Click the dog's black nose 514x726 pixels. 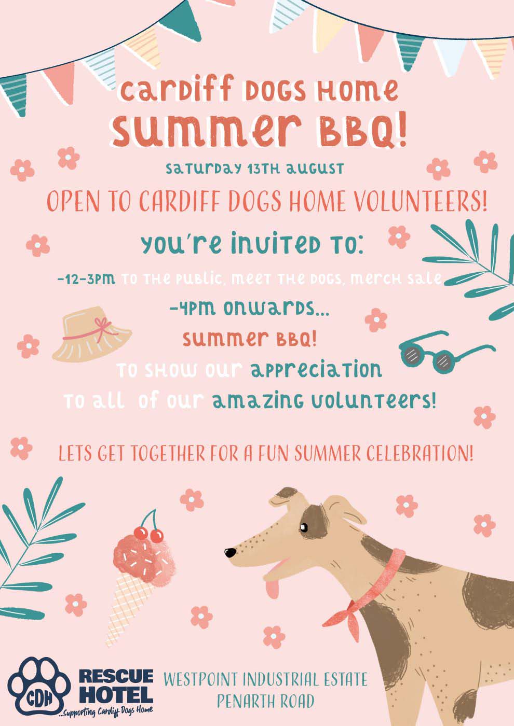[231, 552]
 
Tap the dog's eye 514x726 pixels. [303, 528]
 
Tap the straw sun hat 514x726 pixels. [92, 334]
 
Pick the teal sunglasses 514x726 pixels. [446, 352]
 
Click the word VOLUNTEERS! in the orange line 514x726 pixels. [421, 202]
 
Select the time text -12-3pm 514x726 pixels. [86, 279]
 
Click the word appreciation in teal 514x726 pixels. [316, 370]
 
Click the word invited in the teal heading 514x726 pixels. [275, 243]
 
